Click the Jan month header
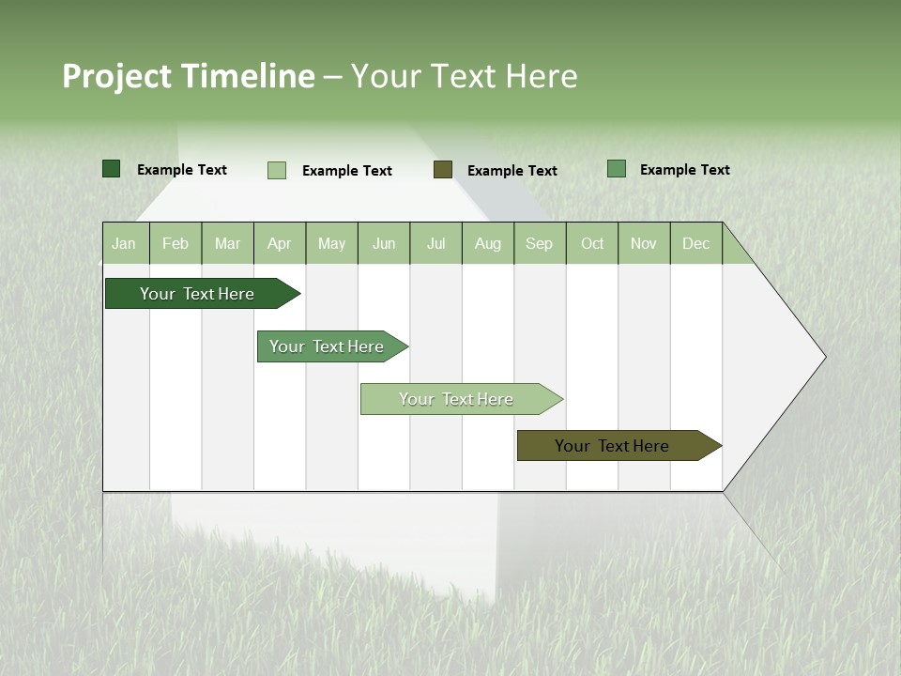tap(125, 243)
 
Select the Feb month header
tap(176, 243)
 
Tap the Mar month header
tap(227, 243)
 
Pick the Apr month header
tap(280, 243)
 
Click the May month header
tap(331, 243)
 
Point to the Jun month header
tap(384, 243)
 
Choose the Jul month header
tap(435, 243)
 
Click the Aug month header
tap(488, 243)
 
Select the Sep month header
tap(540, 243)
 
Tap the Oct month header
tap(592, 243)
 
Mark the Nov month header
tap(644, 243)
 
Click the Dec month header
tap(696, 243)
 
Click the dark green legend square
tap(112, 169)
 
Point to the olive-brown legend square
tap(443, 170)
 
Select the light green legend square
tap(277, 170)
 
